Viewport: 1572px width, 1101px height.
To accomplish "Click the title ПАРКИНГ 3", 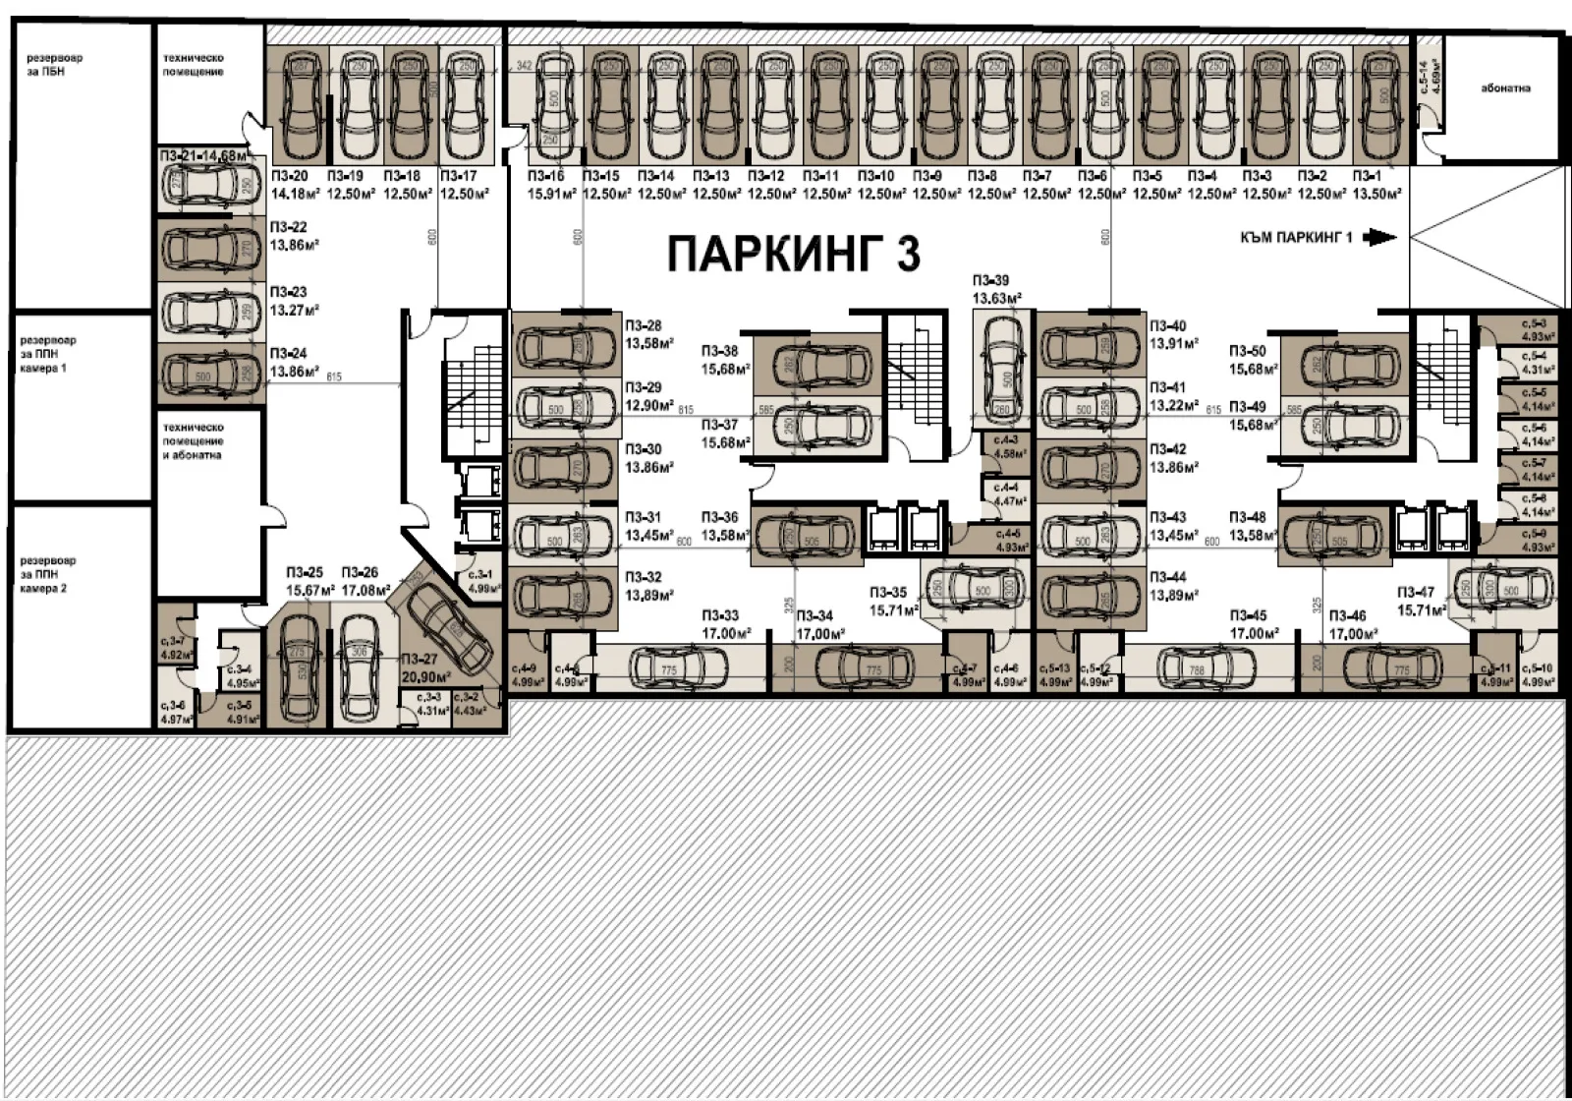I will tap(794, 254).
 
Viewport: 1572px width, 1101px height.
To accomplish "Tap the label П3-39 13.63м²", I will tap(997, 289).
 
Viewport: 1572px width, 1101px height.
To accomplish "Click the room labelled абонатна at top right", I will tap(1504, 88).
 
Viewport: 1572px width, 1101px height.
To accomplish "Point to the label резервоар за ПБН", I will tap(55, 65).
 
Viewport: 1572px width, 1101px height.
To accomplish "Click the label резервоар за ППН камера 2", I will tap(48, 574).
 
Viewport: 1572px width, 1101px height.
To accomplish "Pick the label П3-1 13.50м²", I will tap(1376, 185).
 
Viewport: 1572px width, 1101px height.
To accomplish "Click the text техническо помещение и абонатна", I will tap(194, 441).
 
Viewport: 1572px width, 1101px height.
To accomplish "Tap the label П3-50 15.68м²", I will tap(1253, 359).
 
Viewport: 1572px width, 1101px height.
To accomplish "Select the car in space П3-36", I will tap(804, 536).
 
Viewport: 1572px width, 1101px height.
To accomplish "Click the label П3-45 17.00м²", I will tap(1253, 623).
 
